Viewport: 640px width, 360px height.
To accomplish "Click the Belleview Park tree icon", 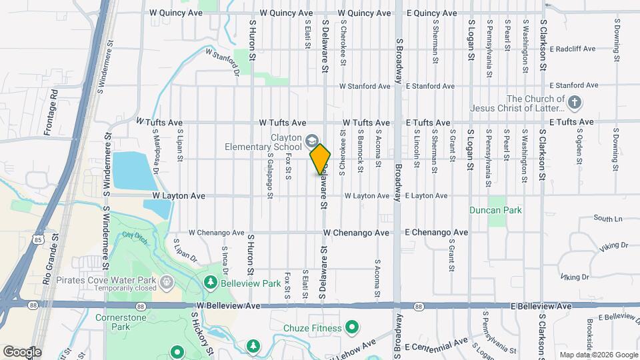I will click(x=211, y=283).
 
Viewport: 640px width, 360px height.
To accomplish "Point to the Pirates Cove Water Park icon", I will click(x=167, y=281).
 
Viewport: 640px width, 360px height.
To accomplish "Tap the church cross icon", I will click(x=574, y=103).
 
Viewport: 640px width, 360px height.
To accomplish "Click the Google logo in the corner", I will click(x=21, y=351).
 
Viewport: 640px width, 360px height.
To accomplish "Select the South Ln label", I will click(x=607, y=219).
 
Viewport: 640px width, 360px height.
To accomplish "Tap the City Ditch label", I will click(x=133, y=237).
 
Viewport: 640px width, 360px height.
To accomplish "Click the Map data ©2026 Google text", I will click(x=598, y=355).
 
